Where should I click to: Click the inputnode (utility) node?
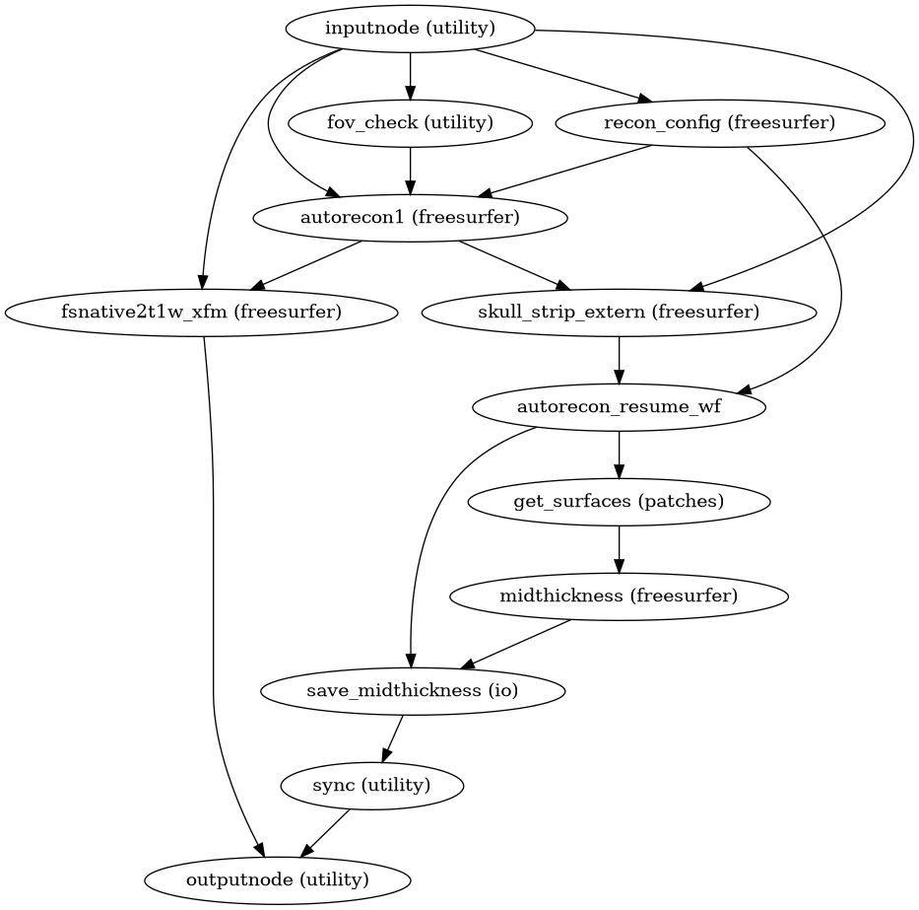[x=410, y=29]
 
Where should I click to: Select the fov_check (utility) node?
[x=410, y=123]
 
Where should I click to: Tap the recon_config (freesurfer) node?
[x=720, y=123]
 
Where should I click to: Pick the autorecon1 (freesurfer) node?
[x=410, y=218]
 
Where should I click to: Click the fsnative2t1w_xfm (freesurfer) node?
[x=202, y=313]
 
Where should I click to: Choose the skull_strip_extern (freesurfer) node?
[x=619, y=313]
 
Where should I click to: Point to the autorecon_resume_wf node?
[x=619, y=407]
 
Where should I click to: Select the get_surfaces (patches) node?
[x=619, y=502]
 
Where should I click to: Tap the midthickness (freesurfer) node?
[x=619, y=596]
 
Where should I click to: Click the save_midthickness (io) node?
[x=413, y=691]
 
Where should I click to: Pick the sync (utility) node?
[x=371, y=786]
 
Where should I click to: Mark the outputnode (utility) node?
[x=278, y=879]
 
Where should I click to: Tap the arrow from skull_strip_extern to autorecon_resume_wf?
[x=619, y=359]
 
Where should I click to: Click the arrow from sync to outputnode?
[x=325, y=832]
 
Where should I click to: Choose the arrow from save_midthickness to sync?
[x=393, y=737]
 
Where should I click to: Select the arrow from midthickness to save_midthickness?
[x=516, y=644]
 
